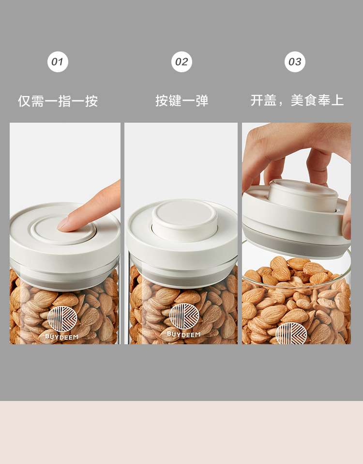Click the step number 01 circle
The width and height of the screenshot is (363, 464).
click(x=58, y=62)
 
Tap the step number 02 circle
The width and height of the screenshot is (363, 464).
click(x=181, y=62)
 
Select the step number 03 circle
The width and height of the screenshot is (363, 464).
click(x=295, y=62)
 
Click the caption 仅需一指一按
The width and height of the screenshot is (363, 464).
click(x=58, y=101)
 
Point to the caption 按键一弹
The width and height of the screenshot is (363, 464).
click(x=182, y=101)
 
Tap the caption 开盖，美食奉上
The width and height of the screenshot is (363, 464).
click(x=297, y=100)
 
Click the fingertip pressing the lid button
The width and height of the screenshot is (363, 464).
click(x=63, y=224)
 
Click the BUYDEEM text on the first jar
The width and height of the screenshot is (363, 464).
click(x=62, y=336)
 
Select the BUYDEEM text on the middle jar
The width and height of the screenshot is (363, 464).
click(x=183, y=334)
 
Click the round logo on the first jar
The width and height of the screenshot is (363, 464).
click(x=62, y=319)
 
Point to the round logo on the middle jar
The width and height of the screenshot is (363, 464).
click(x=184, y=316)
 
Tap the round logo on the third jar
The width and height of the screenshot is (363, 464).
click(x=291, y=333)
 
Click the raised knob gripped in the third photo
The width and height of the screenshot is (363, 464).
click(x=303, y=195)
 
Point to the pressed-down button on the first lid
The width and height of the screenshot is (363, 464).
click(x=63, y=230)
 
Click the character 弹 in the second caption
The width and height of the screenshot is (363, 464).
click(x=202, y=101)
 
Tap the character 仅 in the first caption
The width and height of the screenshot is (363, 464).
click(x=24, y=101)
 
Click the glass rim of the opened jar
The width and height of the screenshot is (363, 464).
click(x=295, y=283)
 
